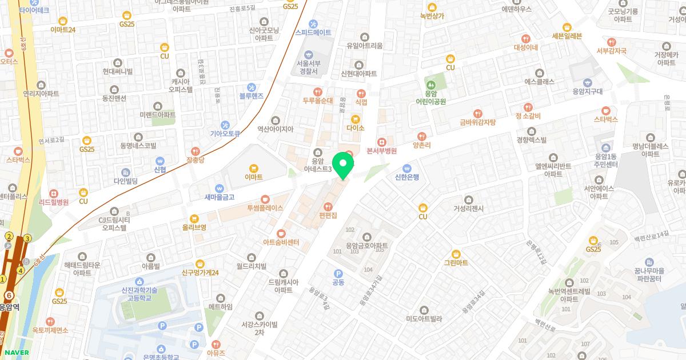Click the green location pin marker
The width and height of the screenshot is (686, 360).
pyautogui.click(x=343, y=165)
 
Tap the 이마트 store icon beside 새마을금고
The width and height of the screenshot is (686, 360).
pyautogui.click(x=253, y=167)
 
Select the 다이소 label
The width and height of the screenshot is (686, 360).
pyautogui.click(x=356, y=129)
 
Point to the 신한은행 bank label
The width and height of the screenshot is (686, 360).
pyautogui.click(x=406, y=177)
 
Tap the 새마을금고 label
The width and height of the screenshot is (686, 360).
pyautogui.click(x=220, y=197)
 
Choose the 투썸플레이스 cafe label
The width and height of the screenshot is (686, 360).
pyautogui.click(x=265, y=208)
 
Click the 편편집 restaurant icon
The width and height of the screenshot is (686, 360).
pyautogui.click(x=328, y=206)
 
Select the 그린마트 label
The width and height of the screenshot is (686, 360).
pyautogui.click(x=456, y=263)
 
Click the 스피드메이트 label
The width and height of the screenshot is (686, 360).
pyautogui.click(x=313, y=33)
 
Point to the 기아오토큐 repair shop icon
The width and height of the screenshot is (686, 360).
pyautogui.click(x=225, y=125)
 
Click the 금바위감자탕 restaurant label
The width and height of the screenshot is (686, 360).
pyautogui.click(x=478, y=122)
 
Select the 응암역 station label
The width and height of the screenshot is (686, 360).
pyautogui.click(x=9, y=306)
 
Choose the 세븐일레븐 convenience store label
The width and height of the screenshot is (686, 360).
pyautogui.click(x=567, y=35)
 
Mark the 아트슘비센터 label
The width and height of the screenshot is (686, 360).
pyautogui.click(x=281, y=242)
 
